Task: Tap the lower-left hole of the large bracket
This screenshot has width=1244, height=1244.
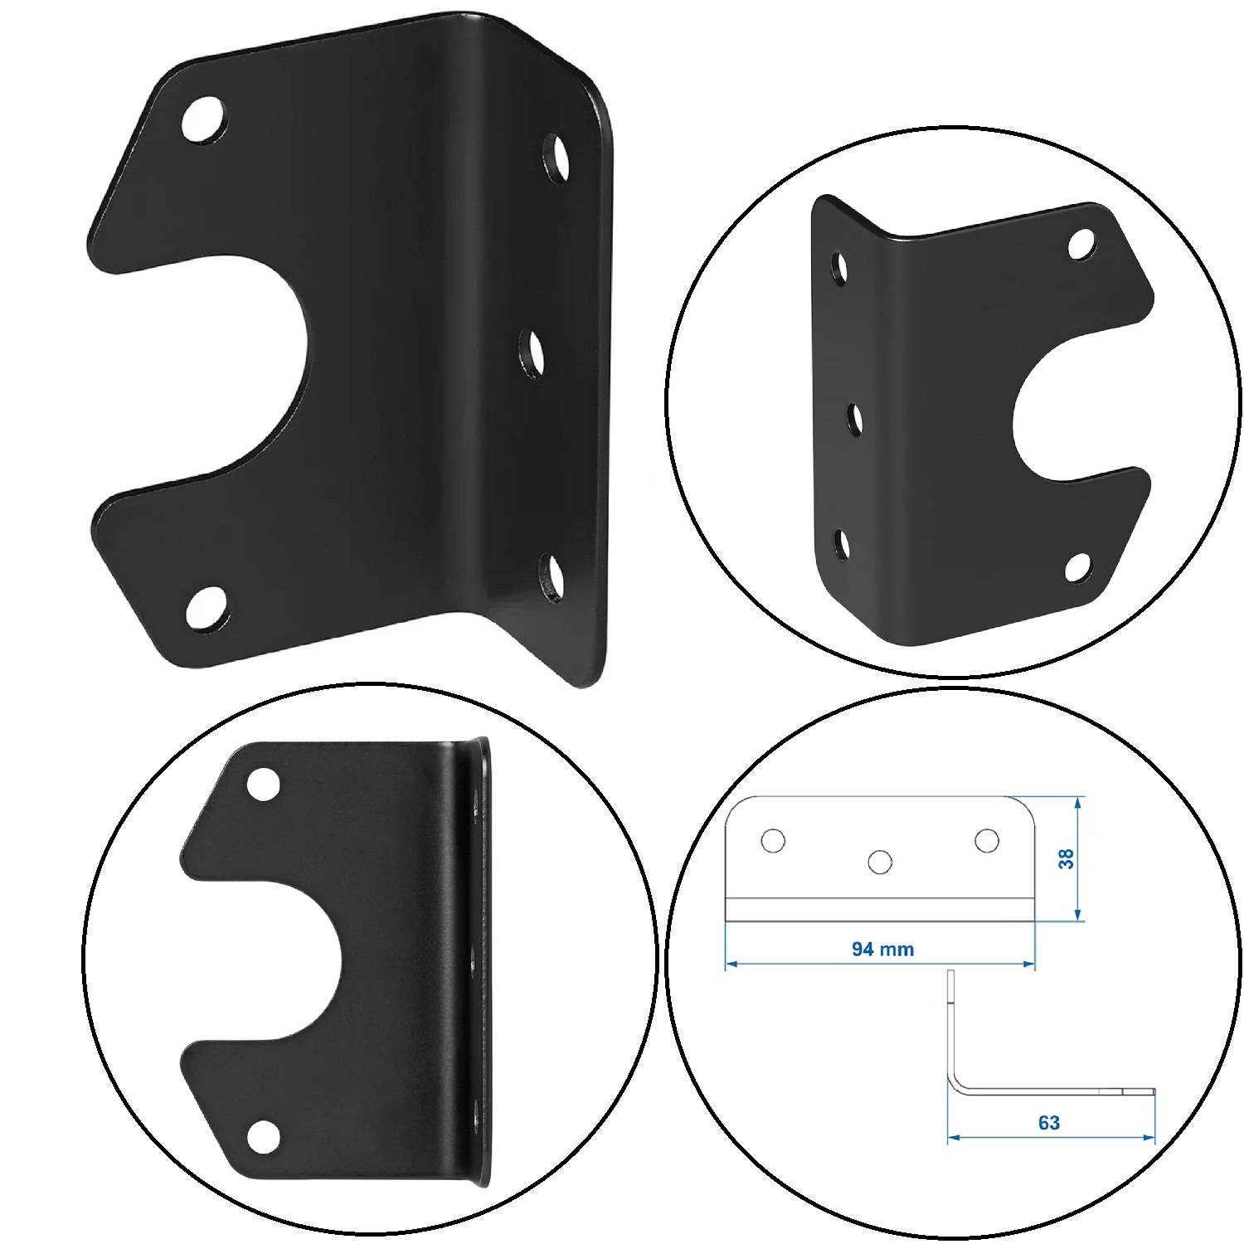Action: (x=206, y=609)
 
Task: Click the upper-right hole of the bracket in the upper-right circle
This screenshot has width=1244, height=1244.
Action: (x=1081, y=243)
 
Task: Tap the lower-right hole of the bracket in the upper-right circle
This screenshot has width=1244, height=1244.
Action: (x=1077, y=566)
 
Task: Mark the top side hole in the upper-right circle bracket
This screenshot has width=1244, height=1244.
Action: (x=841, y=266)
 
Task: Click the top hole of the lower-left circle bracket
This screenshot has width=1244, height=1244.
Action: (x=264, y=783)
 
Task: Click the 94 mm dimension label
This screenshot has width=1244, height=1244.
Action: (x=882, y=949)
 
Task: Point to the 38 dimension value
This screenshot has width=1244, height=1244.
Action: (x=1067, y=858)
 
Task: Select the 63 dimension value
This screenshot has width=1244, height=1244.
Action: (x=1048, y=1122)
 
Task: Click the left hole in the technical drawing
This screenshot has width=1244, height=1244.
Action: (x=773, y=840)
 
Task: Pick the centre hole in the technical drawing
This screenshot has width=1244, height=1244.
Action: (x=879, y=862)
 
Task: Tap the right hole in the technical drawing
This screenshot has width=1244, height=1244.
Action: (x=986, y=840)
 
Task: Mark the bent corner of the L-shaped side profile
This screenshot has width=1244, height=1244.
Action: (x=955, y=1083)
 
